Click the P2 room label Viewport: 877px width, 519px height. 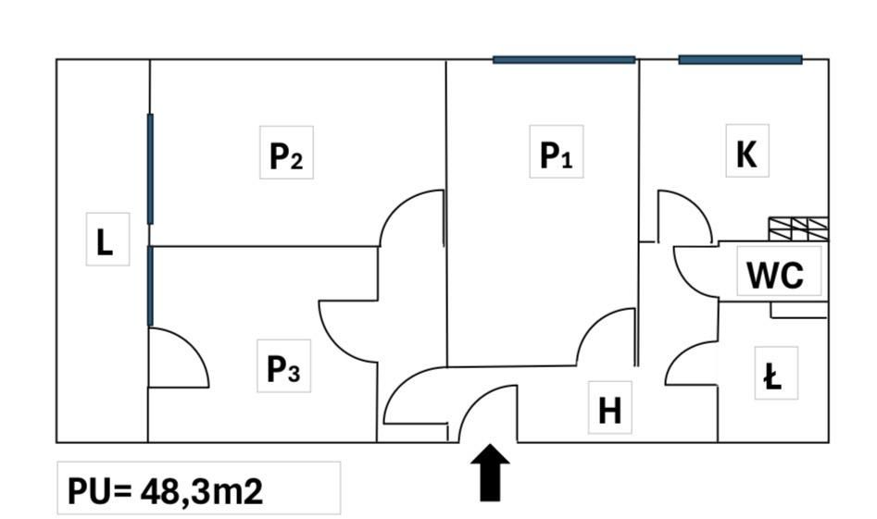pyautogui.click(x=286, y=155)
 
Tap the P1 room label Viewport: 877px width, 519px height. pyautogui.click(x=556, y=154)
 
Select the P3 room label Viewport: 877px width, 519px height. pyautogui.click(x=283, y=369)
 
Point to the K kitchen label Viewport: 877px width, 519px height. pyautogui.click(x=746, y=154)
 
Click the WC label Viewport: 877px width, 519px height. pyautogui.click(x=775, y=275)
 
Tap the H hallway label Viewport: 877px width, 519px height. pyautogui.click(x=609, y=411)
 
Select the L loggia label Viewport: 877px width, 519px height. pyautogui.click(x=105, y=242)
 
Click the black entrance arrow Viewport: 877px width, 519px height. pyautogui.click(x=490, y=473)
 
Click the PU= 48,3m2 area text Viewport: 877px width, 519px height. pyautogui.click(x=165, y=491)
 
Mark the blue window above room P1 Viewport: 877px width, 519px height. pyautogui.click(x=564, y=60)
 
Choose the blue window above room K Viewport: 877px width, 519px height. pyautogui.click(x=741, y=60)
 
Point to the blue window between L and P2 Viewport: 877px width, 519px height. pyautogui.click(x=150, y=168)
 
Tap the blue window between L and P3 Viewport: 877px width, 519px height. pyautogui.click(x=150, y=286)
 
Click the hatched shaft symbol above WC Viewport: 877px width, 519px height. pyautogui.click(x=798, y=229)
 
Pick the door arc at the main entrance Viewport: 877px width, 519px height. pyautogui.click(x=472, y=399)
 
